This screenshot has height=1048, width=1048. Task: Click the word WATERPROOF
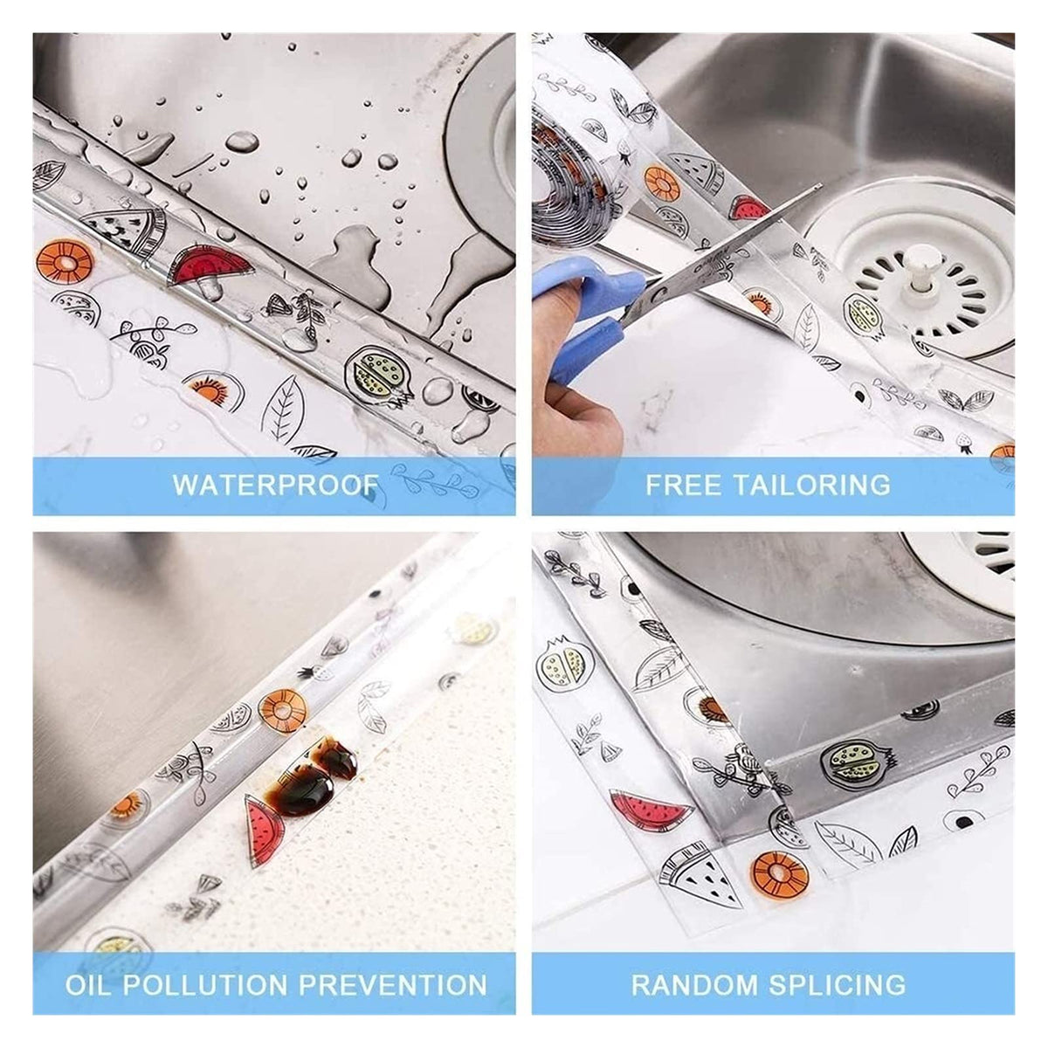(276, 485)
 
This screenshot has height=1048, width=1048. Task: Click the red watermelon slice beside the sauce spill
(265, 830)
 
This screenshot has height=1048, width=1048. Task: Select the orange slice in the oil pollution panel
(282, 710)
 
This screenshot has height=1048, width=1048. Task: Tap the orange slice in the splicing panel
(779, 879)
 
